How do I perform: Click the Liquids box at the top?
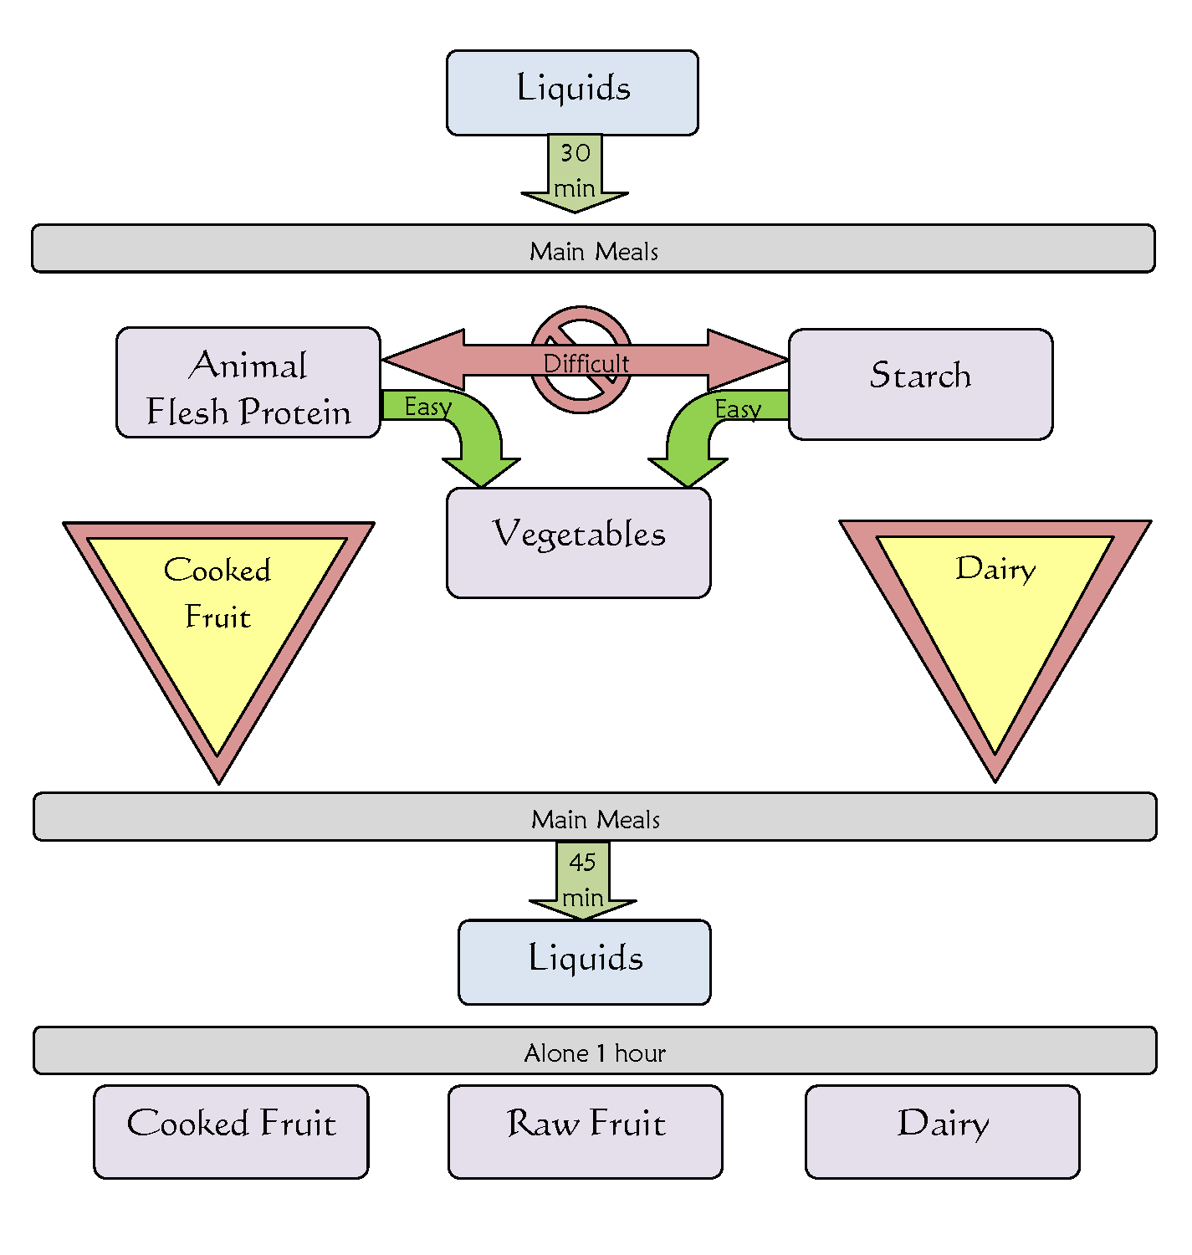tap(572, 92)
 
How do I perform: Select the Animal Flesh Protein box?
tap(248, 382)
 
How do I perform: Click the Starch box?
tap(920, 384)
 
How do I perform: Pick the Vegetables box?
tap(579, 542)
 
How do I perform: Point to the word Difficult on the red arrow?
tap(586, 364)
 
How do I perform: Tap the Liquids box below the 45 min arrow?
tap(585, 961)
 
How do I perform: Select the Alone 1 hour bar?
tap(595, 1051)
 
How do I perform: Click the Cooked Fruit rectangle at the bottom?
tap(231, 1131)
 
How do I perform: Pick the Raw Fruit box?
tap(586, 1131)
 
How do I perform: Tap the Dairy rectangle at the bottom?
tap(943, 1131)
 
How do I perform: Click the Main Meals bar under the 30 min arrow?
tap(593, 248)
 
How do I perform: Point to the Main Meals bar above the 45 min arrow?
tap(595, 817)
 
